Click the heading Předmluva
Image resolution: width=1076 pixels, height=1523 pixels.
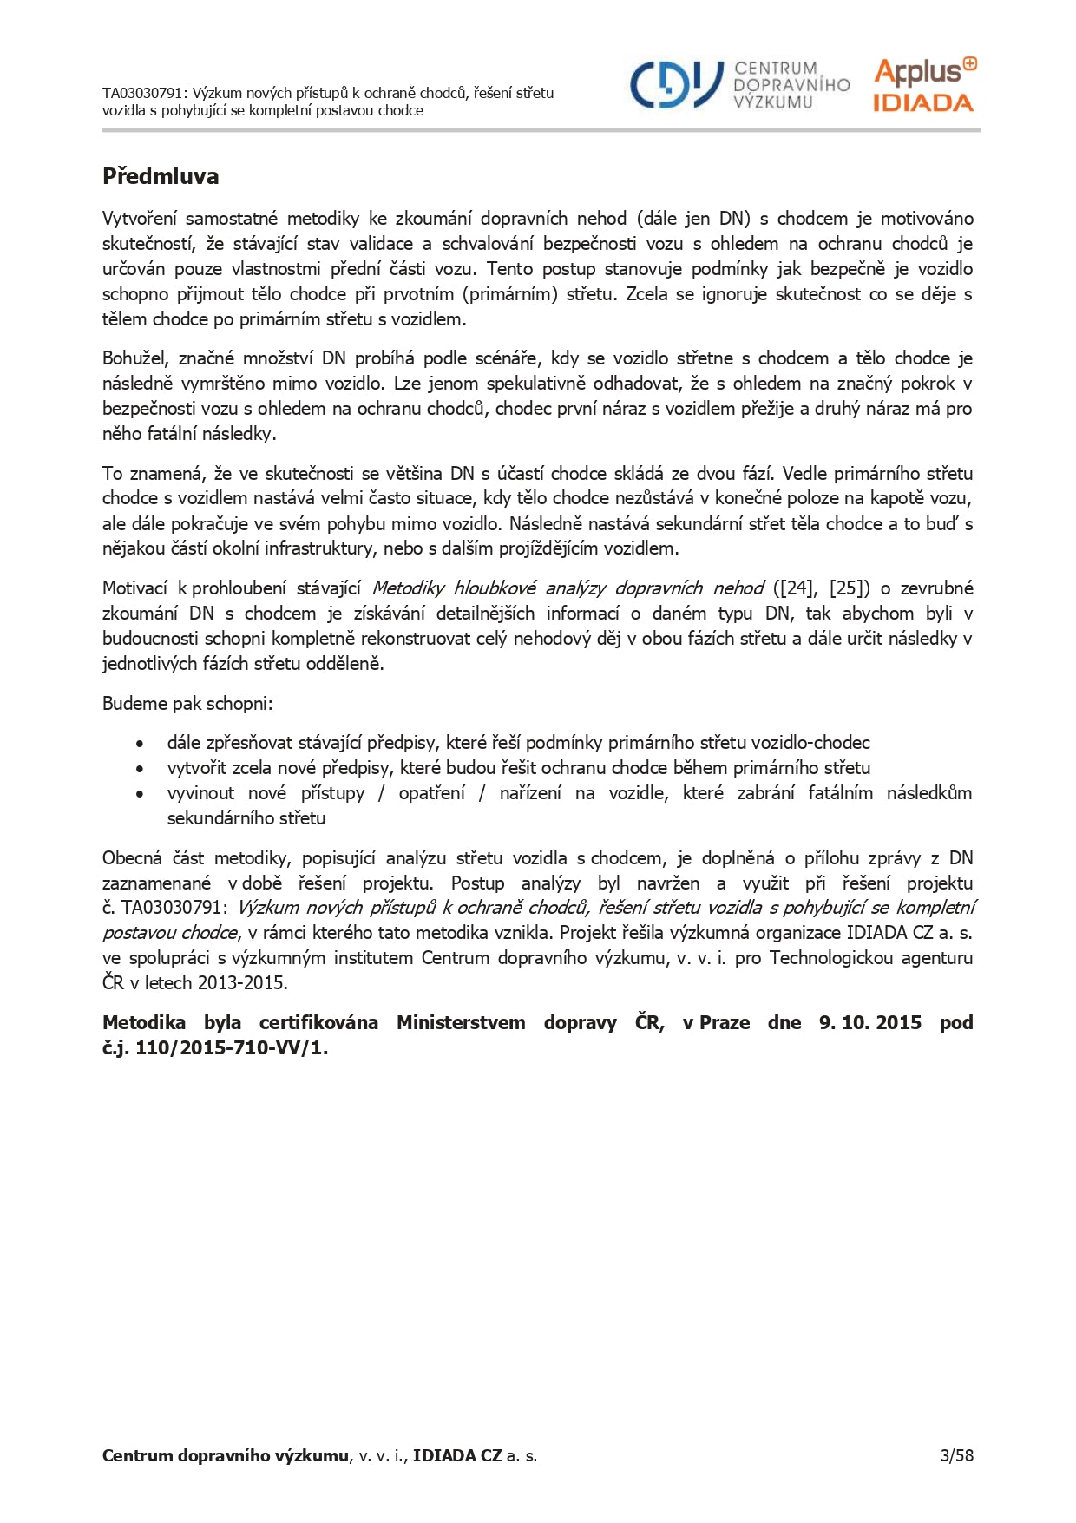point(161,176)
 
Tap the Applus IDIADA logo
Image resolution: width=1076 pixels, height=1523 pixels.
point(924,85)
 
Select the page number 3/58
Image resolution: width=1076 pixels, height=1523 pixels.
point(956,1455)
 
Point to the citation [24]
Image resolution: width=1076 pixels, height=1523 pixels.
point(797,588)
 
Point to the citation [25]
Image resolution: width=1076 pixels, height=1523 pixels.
point(850,588)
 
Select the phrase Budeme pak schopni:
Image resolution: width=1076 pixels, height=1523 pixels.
point(187,703)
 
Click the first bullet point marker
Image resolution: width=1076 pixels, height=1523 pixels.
point(140,744)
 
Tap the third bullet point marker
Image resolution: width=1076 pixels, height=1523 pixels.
point(140,794)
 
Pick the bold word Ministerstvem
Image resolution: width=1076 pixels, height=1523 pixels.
point(461,1022)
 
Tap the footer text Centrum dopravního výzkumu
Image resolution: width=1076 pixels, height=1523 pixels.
point(225,1455)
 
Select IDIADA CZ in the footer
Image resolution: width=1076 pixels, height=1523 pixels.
point(457,1455)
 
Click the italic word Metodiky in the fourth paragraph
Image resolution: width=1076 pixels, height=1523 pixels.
point(408,588)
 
